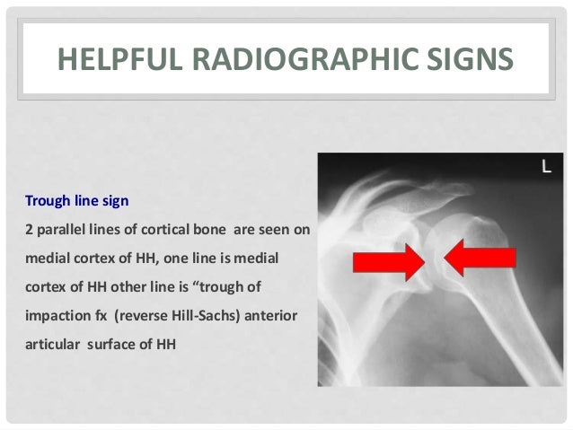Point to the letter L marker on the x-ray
click(x=545, y=166)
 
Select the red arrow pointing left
click(x=480, y=260)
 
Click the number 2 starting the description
click(x=28, y=230)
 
